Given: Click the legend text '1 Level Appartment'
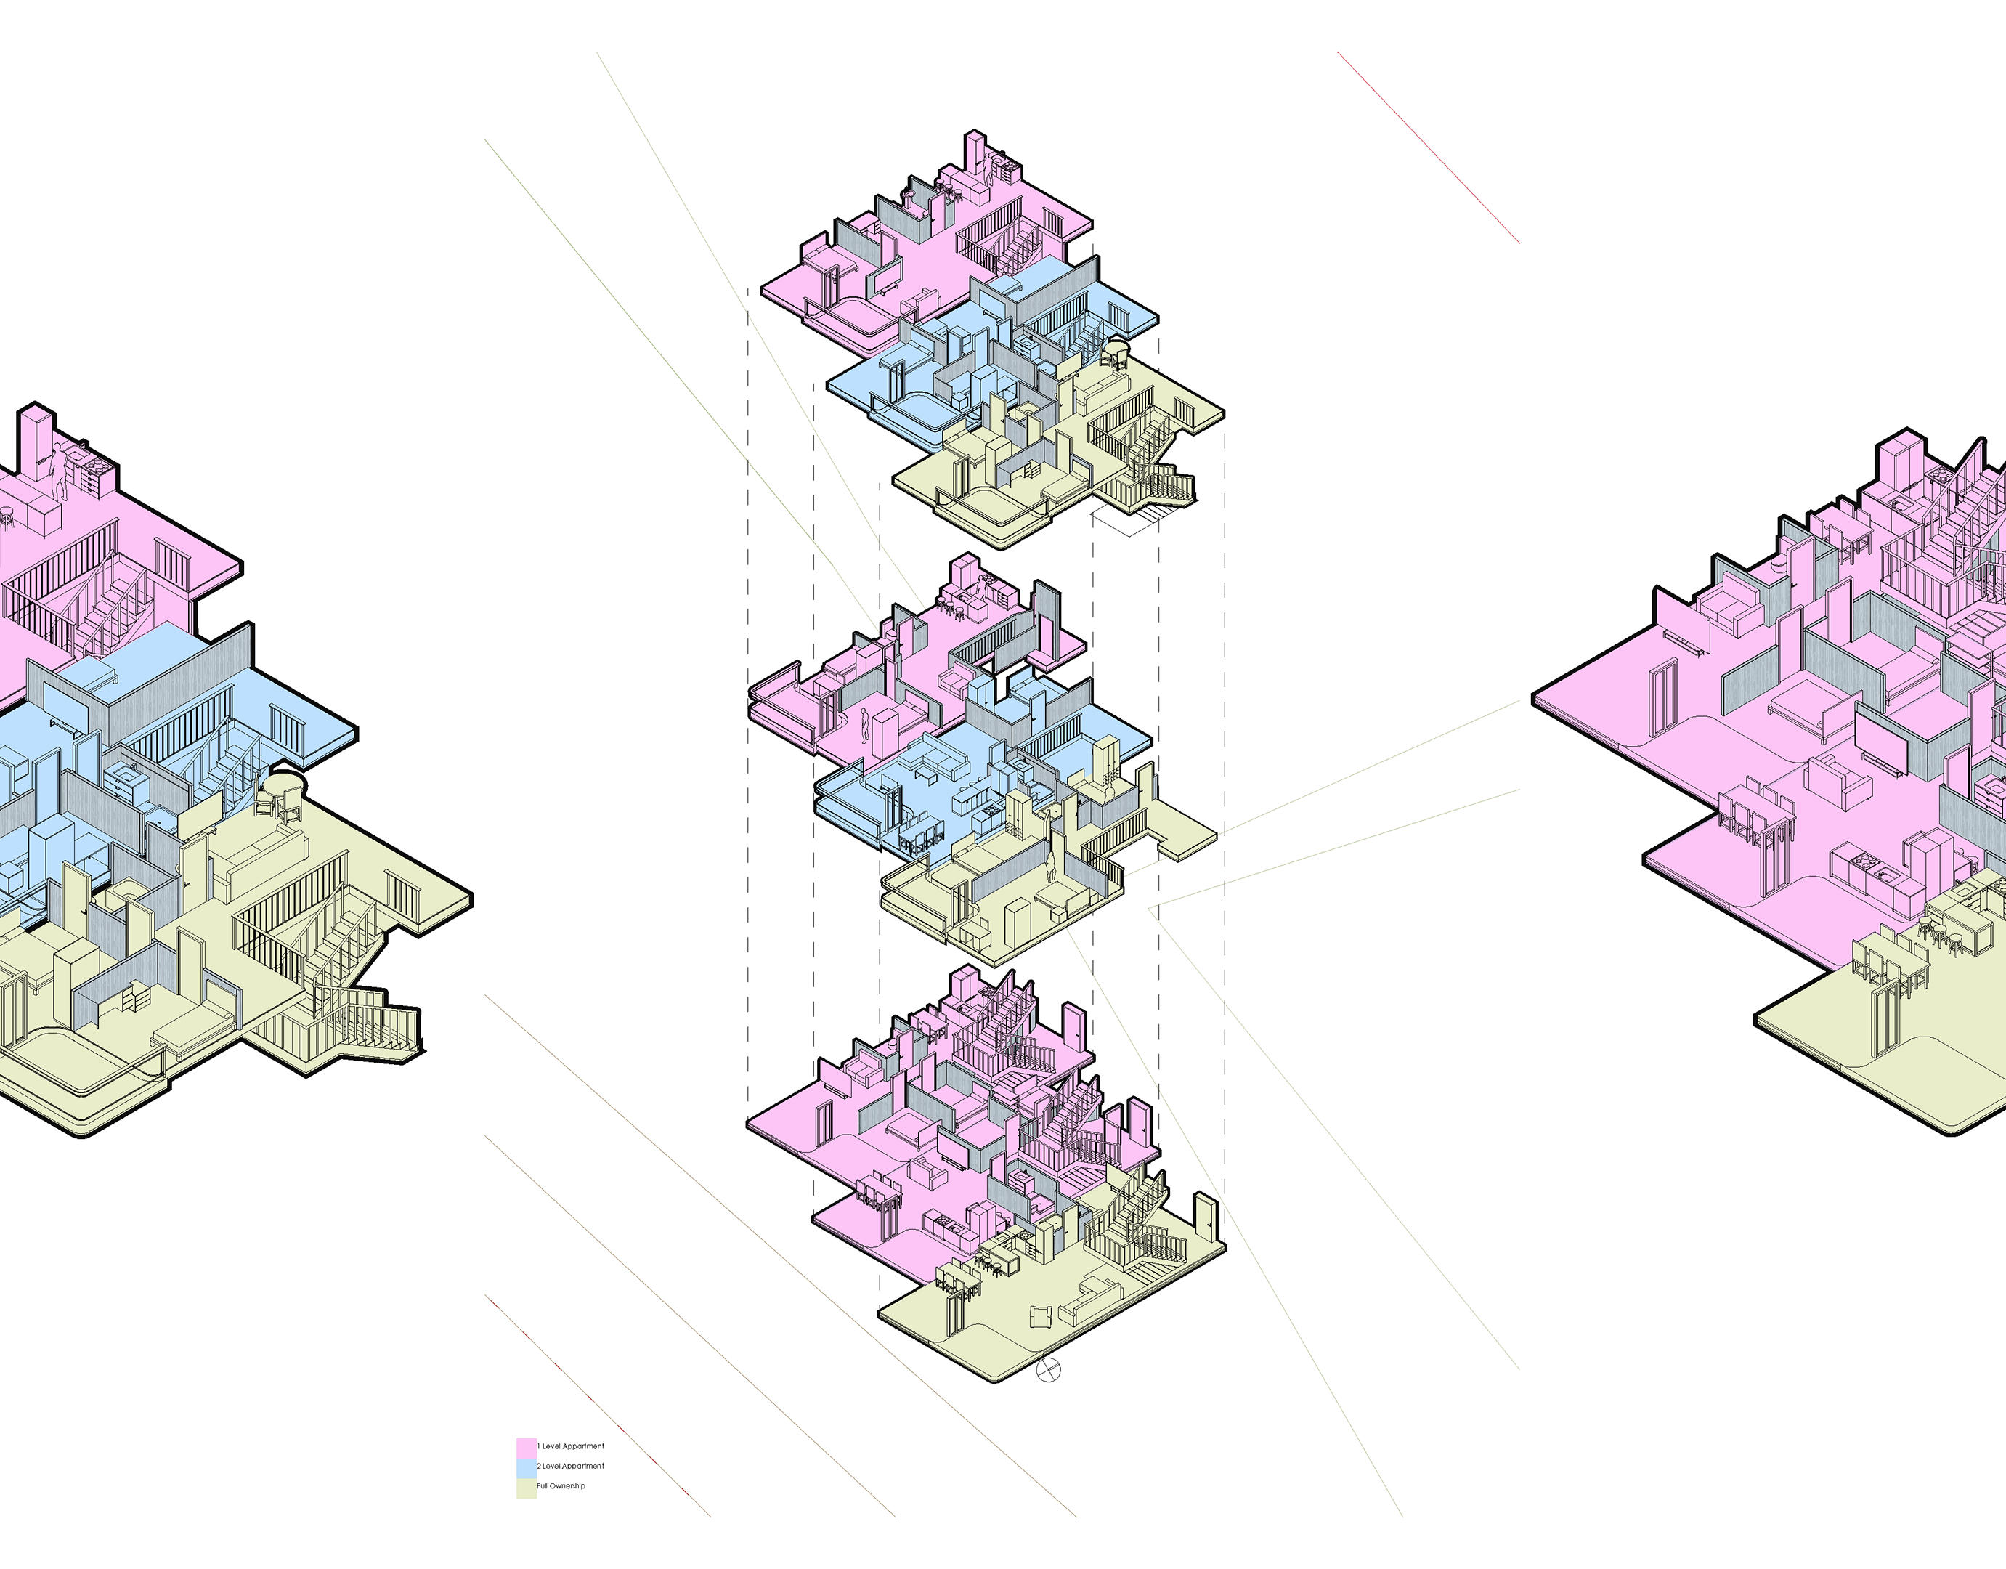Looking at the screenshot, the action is [x=572, y=1446].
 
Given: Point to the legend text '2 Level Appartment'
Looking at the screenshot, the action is [x=572, y=1466].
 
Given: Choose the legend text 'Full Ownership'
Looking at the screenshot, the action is [x=561, y=1486].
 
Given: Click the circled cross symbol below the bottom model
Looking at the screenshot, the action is [x=1048, y=1370].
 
